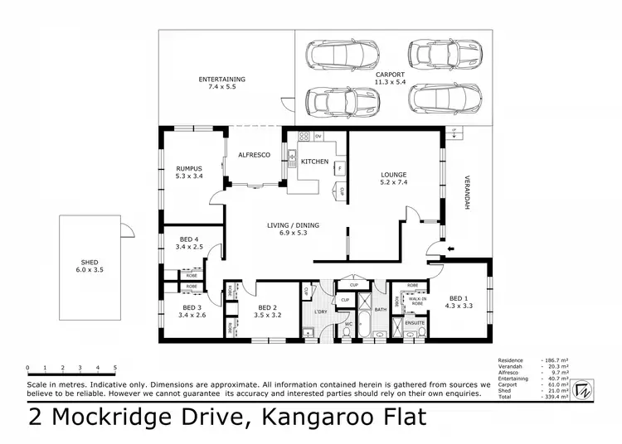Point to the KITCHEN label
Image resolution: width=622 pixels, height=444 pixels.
pos(314,161)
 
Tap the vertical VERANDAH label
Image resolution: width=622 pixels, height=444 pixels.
pos(467,194)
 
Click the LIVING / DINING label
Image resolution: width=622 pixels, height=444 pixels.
pos(292,224)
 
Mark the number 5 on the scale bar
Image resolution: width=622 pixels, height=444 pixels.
pos(115,367)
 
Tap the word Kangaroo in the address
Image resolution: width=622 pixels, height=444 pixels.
pos(318,417)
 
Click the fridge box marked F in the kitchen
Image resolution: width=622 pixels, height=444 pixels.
pos(339,168)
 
